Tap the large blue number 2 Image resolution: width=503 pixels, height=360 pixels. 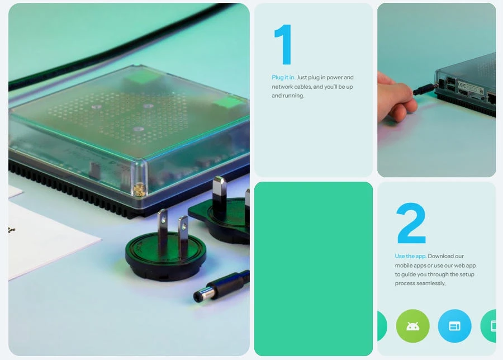click(x=411, y=223)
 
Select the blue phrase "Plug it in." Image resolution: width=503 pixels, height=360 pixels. click(x=283, y=77)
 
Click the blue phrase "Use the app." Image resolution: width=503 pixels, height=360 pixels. click(x=410, y=256)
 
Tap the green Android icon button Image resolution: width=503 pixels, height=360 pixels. click(x=412, y=326)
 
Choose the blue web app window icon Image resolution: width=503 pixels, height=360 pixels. click(x=454, y=326)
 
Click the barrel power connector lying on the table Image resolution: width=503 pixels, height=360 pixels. click(x=221, y=286)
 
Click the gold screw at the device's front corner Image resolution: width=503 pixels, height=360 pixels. click(x=140, y=190)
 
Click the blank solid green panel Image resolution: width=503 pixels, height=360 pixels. click(x=314, y=269)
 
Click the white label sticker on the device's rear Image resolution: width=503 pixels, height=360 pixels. click(x=469, y=88)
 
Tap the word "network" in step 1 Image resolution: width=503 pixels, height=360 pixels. click(x=282, y=87)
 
